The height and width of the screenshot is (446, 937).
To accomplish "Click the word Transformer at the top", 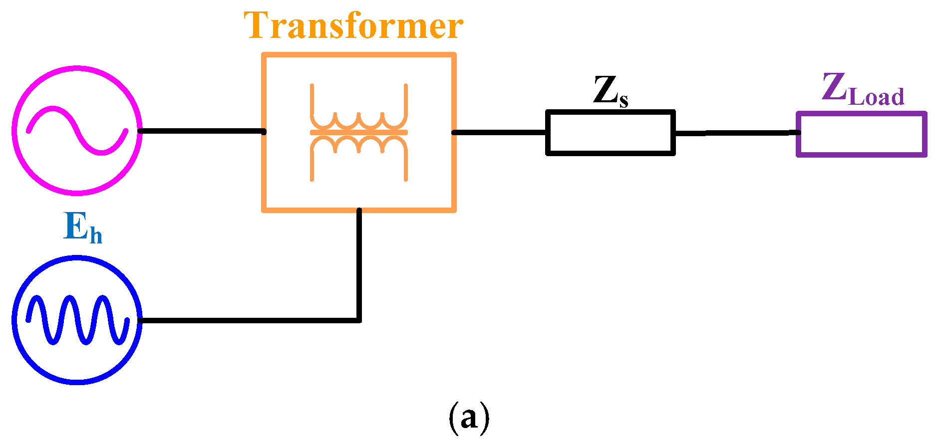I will [x=353, y=26].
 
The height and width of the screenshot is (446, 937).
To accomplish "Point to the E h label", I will [x=83, y=227].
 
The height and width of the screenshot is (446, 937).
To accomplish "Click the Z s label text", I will [x=611, y=91].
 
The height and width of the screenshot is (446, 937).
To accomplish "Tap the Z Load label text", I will [x=863, y=90].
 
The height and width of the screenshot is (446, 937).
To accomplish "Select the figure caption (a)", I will [x=468, y=418].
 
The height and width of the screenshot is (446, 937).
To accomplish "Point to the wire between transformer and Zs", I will [x=499, y=132].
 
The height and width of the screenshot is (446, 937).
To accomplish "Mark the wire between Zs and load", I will [x=736, y=133].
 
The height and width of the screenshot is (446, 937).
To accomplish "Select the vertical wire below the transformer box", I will [x=359, y=264].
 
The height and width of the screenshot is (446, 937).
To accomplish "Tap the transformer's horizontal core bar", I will [x=359, y=132].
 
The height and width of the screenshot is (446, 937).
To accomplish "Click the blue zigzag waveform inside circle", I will [x=77, y=320].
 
